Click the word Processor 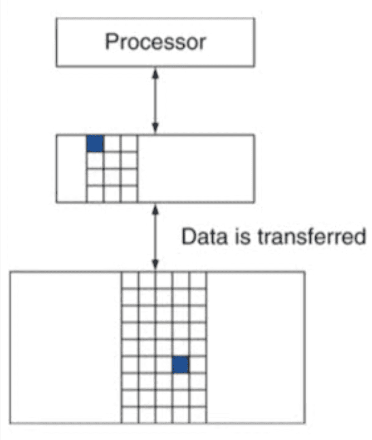(156, 42)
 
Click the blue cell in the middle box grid (95, 143)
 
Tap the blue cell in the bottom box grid (181, 365)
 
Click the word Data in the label (204, 236)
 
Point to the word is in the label (242, 236)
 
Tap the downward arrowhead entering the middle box (155, 128)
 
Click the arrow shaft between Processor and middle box (155, 101)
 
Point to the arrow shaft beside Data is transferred (155, 237)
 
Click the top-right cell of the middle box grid (129, 143)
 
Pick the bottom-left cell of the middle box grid (95, 194)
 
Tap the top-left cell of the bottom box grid (130, 280)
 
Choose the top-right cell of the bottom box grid (198, 280)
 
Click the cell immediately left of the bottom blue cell (164, 365)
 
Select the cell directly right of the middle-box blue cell (112, 143)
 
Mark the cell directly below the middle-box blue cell (95, 160)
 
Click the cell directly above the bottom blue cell (181, 347)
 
